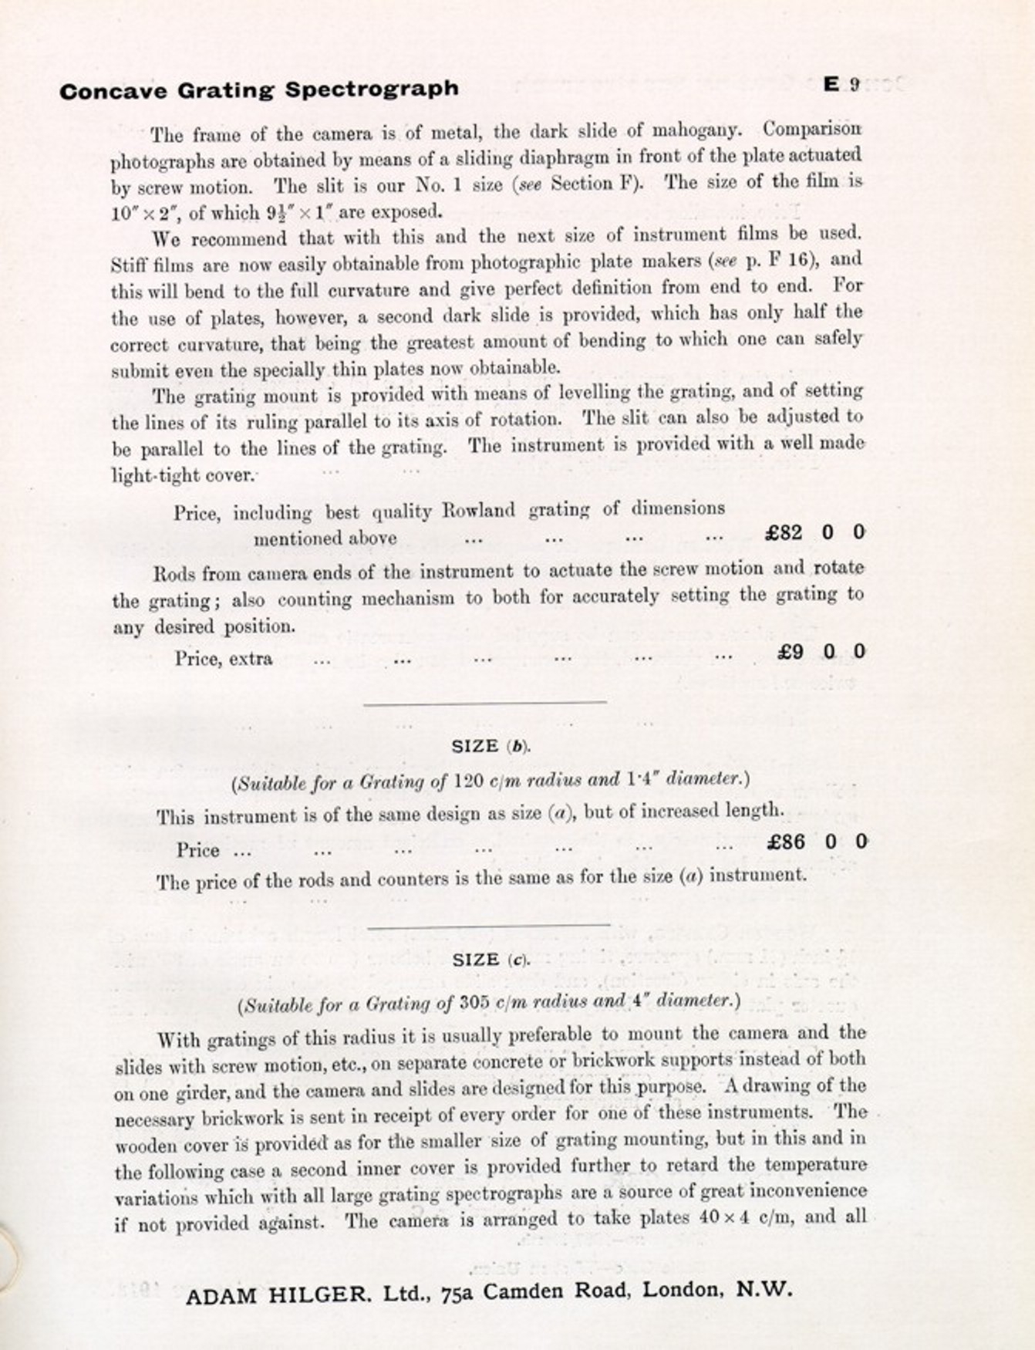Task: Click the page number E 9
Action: tap(841, 84)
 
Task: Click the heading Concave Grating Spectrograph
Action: tap(258, 90)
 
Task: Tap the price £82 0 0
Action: tap(814, 532)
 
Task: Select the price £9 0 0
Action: tap(821, 652)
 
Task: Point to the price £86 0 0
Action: tap(817, 842)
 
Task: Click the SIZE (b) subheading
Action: tap(491, 746)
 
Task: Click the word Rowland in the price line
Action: tap(478, 511)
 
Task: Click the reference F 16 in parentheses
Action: tap(788, 261)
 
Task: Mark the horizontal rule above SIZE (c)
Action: tap(488, 924)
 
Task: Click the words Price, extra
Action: tap(224, 659)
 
